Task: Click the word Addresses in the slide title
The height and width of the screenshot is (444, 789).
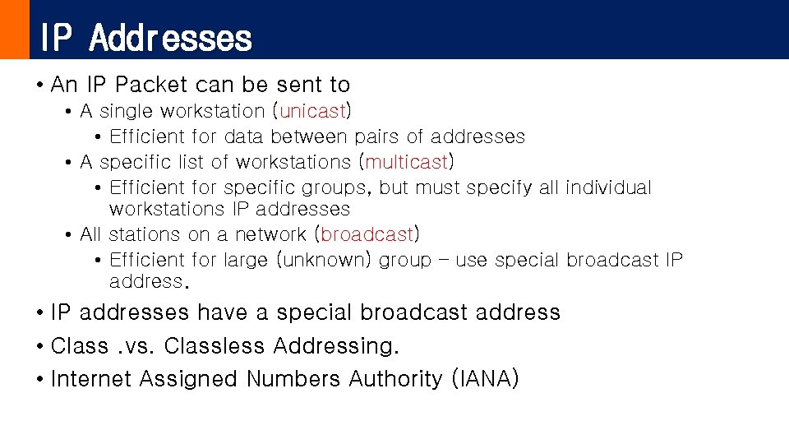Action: click(x=171, y=38)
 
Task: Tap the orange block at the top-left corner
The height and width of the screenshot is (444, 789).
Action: click(x=14, y=30)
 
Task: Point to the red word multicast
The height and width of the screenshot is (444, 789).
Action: click(x=407, y=162)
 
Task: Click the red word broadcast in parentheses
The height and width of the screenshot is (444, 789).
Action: click(x=367, y=234)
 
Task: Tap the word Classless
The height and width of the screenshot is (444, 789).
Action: click(x=215, y=346)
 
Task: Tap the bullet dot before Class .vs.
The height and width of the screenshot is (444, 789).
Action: click(x=39, y=347)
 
